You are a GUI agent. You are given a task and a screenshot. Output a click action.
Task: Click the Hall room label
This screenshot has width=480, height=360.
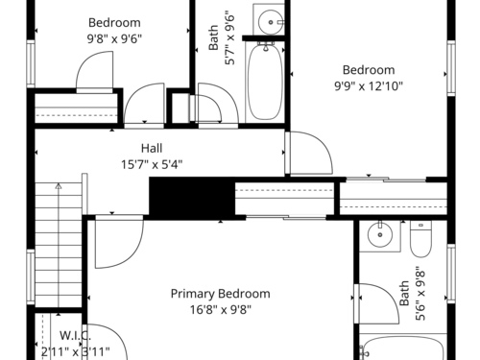tap(152, 148)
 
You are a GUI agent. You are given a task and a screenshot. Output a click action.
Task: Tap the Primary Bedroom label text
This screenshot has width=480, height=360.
tap(221, 294)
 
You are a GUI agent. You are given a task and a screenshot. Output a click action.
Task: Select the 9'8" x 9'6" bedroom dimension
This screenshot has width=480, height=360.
tap(114, 39)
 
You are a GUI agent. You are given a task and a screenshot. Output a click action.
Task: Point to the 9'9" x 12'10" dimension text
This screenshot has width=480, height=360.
tap(369, 86)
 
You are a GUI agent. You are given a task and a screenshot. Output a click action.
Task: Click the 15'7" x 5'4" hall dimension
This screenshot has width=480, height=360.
tap(152, 164)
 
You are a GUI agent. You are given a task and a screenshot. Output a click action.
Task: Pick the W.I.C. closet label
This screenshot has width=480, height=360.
tap(76, 336)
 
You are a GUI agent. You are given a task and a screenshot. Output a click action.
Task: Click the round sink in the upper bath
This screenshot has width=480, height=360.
tap(271, 22)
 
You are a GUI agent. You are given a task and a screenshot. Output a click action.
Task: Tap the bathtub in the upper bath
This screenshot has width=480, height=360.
tap(265, 82)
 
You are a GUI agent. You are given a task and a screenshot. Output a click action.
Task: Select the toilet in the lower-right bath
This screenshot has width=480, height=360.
tap(420, 239)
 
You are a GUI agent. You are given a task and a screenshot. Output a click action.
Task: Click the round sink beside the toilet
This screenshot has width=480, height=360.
tap(380, 234)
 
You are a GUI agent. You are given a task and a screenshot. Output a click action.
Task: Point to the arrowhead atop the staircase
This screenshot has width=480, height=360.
tap(59, 185)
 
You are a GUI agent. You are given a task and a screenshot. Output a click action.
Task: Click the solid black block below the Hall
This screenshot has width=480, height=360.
tap(192, 198)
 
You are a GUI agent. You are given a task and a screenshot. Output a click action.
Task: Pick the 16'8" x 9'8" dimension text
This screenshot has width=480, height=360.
tap(221, 310)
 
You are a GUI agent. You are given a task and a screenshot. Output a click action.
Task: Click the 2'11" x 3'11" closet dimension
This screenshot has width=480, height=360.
tap(76, 352)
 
